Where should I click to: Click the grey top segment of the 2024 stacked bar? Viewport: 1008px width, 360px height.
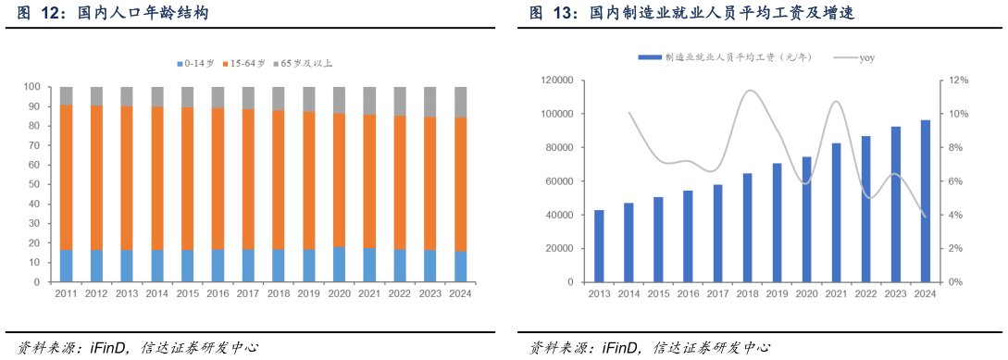tap(461, 102)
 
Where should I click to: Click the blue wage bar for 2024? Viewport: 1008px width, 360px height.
tap(925, 201)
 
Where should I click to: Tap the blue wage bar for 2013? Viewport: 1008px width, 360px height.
tap(599, 246)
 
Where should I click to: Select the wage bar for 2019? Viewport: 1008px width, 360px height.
tap(777, 223)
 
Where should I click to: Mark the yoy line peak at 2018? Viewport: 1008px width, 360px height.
tap(749, 91)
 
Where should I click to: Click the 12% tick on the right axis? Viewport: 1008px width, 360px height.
tap(958, 81)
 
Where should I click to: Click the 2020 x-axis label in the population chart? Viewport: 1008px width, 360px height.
tap(339, 293)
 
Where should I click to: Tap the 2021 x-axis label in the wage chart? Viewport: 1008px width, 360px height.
tap(836, 293)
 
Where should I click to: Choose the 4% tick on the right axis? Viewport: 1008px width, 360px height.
tap(956, 215)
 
